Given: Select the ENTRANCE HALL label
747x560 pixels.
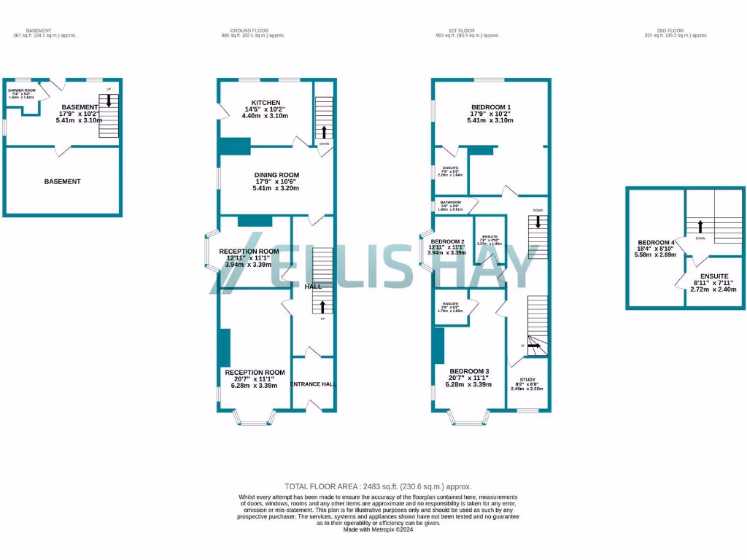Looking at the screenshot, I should click(x=312, y=384).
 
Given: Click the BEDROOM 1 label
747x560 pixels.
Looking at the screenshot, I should click(x=490, y=107).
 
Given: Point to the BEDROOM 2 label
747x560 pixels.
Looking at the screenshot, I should click(x=447, y=241).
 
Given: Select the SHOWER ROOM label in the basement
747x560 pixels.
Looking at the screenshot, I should click(x=22, y=90).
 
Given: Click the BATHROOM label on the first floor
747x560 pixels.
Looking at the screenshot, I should click(x=450, y=203).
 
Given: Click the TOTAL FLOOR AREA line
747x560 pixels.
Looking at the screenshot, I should click(x=378, y=486).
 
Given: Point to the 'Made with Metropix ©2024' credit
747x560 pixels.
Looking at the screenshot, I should click(x=378, y=529).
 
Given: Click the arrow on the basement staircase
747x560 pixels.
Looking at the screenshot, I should click(x=109, y=101).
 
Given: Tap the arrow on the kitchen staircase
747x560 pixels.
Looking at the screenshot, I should click(x=324, y=132).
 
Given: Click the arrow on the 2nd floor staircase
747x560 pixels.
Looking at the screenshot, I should click(x=700, y=227).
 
